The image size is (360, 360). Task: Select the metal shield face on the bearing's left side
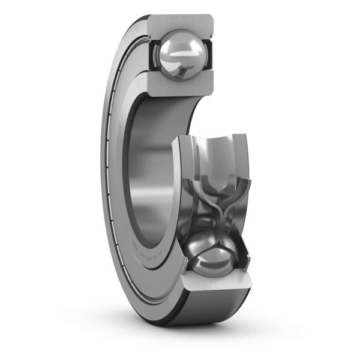click(x=117, y=180)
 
